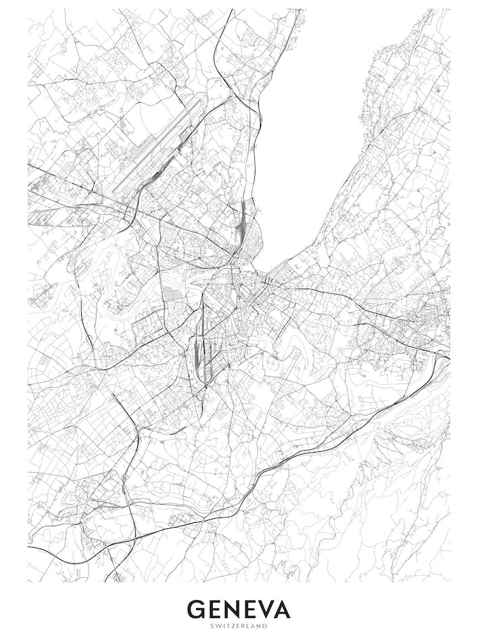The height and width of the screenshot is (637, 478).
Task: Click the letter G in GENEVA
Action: click(197, 609)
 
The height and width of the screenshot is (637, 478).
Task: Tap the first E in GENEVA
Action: click(216, 609)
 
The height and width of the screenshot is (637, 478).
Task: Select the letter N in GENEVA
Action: click(235, 609)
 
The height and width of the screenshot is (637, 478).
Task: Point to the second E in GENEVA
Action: click(255, 609)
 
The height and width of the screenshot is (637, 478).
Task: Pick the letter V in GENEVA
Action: click(271, 609)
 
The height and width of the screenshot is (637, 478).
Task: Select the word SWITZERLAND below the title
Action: click(239, 626)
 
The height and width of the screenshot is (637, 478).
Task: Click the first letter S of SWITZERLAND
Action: click(212, 626)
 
